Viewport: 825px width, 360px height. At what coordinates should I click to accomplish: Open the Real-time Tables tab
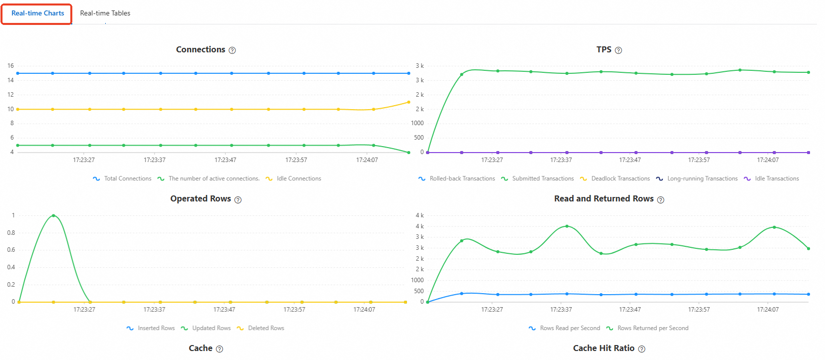pos(105,13)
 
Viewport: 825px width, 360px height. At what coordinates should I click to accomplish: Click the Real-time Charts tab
pos(37,13)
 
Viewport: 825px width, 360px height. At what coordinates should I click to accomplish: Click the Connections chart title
pos(201,49)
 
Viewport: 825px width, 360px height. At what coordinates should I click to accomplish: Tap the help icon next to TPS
pos(619,50)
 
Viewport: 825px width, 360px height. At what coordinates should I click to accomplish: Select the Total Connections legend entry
pos(127,179)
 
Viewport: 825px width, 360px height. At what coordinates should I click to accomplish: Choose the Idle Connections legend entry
pos(299,179)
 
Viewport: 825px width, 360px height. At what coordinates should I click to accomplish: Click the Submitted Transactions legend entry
pos(543,179)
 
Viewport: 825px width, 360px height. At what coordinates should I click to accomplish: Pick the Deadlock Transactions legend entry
pos(620,179)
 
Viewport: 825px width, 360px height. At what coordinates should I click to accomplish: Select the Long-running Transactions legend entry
pos(702,179)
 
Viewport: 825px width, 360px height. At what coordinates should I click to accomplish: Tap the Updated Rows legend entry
pos(211,328)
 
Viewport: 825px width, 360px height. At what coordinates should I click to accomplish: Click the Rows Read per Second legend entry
pos(570,328)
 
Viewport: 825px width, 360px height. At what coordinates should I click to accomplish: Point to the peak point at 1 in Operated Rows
pos(53,215)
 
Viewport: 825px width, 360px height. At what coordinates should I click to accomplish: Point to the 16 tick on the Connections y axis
pos(10,66)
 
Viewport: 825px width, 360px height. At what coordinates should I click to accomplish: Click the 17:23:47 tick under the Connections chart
pos(225,160)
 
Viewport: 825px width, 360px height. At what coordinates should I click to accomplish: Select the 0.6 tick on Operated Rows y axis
pos(11,250)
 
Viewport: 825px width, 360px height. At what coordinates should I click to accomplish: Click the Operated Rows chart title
pos(201,198)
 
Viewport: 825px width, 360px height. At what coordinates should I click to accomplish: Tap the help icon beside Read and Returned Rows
pos(661,200)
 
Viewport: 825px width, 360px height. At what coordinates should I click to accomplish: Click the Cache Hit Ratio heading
pos(604,348)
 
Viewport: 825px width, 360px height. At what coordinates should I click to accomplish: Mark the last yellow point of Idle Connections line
pos(409,102)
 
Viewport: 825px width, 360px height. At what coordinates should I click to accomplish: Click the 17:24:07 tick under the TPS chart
pos(768,160)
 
